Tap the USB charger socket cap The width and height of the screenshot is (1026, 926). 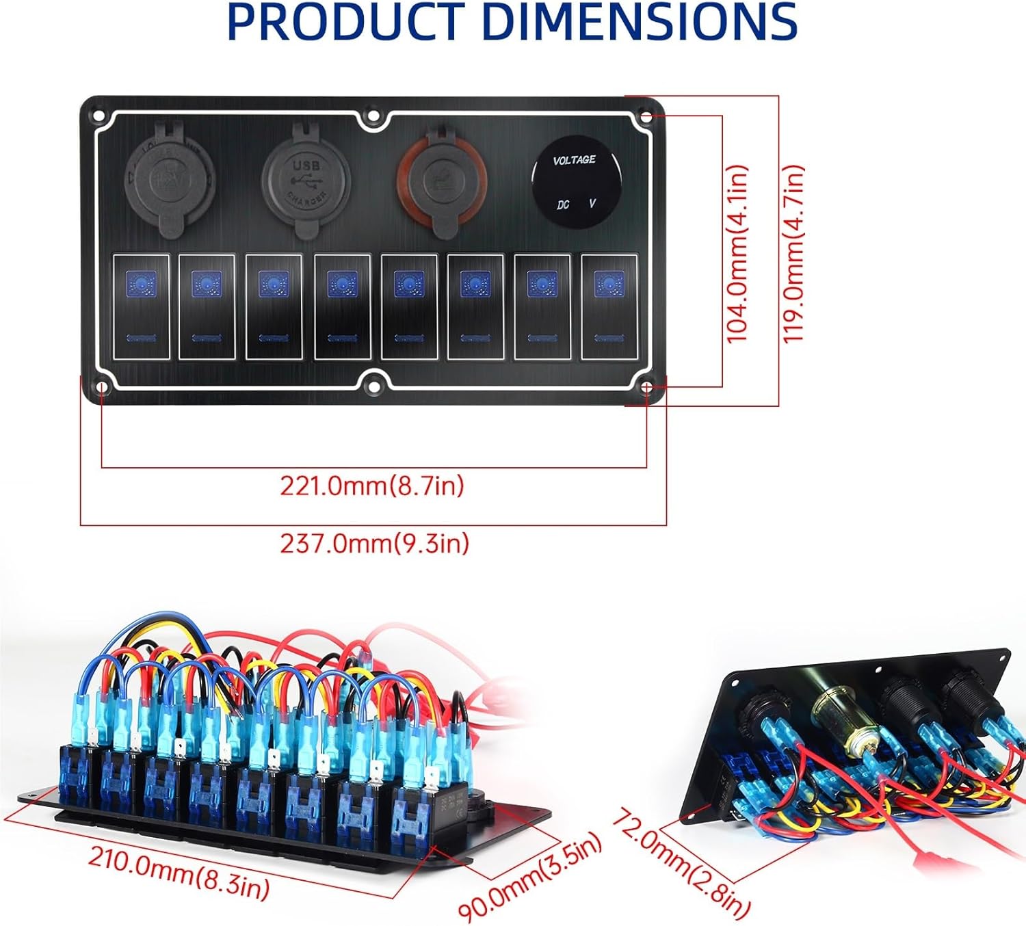(x=305, y=180)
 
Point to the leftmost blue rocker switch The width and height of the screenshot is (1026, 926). (x=140, y=306)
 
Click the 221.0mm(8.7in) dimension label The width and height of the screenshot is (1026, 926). (x=372, y=486)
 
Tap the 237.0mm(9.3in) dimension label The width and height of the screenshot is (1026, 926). (x=375, y=544)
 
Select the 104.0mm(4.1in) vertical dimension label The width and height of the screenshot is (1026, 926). (x=737, y=254)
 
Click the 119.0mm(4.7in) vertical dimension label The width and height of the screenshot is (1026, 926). (x=793, y=254)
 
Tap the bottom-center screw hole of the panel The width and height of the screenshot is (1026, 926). (x=373, y=388)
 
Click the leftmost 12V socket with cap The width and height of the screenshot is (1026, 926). (x=170, y=178)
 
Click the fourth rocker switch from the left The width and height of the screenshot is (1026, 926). (x=342, y=306)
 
